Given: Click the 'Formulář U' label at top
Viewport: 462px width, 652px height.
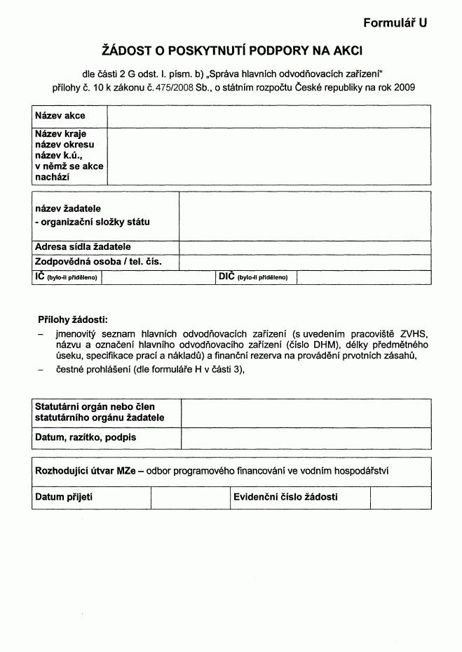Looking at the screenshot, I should click(395, 23).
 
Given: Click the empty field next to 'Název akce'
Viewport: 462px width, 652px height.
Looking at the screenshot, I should click(269, 116).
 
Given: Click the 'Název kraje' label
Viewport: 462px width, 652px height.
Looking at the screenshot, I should click(60, 133).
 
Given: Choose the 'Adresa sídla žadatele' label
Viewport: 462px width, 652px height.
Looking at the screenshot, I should click(83, 247).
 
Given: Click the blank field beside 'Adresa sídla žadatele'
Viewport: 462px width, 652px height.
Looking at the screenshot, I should click(305, 247).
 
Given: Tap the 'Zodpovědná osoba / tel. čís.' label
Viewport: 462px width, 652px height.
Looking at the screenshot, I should click(98, 262).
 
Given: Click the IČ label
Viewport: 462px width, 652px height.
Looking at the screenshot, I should click(40, 277).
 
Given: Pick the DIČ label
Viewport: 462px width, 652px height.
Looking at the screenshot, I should click(226, 277).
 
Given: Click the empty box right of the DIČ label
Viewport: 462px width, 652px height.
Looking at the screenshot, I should click(363, 277).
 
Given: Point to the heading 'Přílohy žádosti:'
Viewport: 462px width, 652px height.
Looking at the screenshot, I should click(73, 319).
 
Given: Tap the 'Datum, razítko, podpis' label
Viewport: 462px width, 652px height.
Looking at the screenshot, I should click(86, 437).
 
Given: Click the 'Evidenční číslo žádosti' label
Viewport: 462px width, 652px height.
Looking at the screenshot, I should click(285, 497).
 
